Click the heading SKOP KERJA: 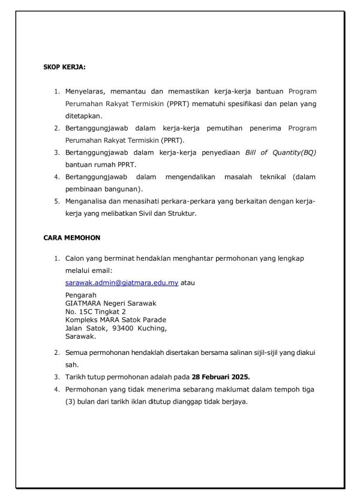coord(64,67)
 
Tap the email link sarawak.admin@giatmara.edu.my coord(122,282)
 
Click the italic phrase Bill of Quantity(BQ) coord(280,153)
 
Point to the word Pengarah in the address coord(81,295)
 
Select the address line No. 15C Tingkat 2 coord(95,311)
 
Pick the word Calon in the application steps coord(75,258)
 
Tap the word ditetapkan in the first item coord(83,116)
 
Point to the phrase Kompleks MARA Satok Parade coord(116,320)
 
